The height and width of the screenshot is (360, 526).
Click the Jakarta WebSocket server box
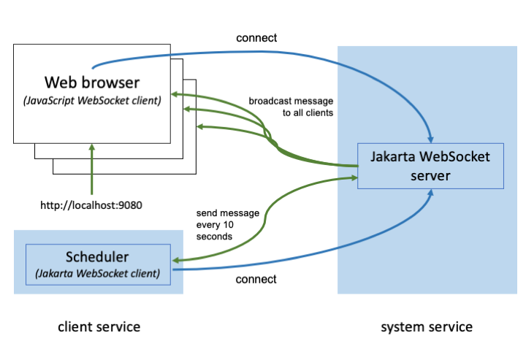pos(431,166)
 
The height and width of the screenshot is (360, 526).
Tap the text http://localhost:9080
pos(91,204)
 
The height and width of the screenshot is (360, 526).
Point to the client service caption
pos(99,326)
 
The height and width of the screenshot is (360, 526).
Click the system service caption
pos(427,326)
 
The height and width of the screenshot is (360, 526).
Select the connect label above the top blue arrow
pos(256,37)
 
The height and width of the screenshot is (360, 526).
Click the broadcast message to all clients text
pos(291,107)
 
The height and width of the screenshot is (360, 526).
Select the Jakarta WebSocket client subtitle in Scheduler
pos(97,275)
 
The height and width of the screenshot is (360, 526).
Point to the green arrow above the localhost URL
pos(92,168)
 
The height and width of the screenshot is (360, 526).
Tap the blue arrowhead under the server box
pos(432,194)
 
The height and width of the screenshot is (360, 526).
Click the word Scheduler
pos(97,258)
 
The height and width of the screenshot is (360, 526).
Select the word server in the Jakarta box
pos(431,175)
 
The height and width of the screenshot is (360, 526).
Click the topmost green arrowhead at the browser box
pos(174,94)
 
